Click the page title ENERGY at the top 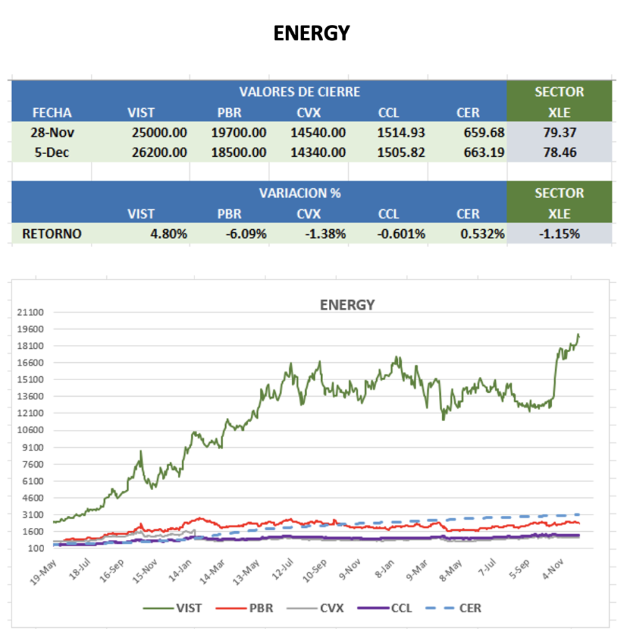coord(312,33)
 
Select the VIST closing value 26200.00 coord(157,152)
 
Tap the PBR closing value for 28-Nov coord(239,132)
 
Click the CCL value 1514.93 coord(401,132)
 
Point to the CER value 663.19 coord(480,152)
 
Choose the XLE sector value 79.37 coord(559,132)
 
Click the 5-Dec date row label coord(52,152)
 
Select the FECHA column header coord(52,113)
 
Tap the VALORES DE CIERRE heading coord(299,92)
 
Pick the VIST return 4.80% coord(169,234)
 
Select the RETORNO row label coord(52,234)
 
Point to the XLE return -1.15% coord(559,234)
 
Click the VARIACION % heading coord(299,193)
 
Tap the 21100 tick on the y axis coord(31,312)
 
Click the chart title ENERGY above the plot coord(347,305)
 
